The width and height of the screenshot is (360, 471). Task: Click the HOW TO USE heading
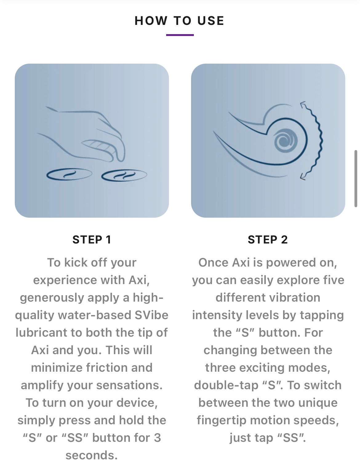[x=179, y=21]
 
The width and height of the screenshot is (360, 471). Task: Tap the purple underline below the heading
[x=180, y=35]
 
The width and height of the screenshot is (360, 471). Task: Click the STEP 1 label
[x=92, y=240]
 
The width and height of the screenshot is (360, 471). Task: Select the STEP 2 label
[x=268, y=240]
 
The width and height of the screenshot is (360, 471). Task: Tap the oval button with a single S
[x=69, y=174]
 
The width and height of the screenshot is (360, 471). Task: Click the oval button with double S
[x=124, y=175]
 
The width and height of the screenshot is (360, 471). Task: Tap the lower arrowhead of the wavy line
[x=303, y=177]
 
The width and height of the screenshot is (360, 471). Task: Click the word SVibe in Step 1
[x=151, y=315]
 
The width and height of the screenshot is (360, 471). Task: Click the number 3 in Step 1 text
[x=157, y=438]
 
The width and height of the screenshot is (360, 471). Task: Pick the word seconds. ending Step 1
[x=92, y=455]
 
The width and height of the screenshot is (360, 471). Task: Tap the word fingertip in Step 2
[x=222, y=420]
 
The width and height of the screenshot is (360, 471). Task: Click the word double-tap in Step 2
[x=226, y=386]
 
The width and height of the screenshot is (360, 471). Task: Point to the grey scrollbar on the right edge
[x=356, y=179]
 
